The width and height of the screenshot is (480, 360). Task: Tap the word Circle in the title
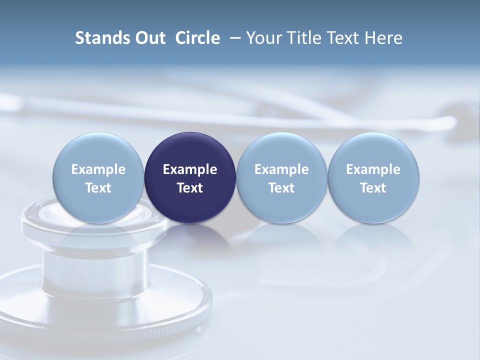click(x=197, y=38)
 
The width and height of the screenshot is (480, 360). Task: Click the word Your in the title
click(x=261, y=38)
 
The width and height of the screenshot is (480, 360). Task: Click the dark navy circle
click(x=190, y=177)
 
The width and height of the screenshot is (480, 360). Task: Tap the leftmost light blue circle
click(x=98, y=177)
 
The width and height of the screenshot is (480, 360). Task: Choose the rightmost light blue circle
click(x=373, y=177)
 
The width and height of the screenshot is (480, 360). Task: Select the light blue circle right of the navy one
click(x=281, y=177)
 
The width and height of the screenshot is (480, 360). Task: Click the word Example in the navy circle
click(x=190, y=169)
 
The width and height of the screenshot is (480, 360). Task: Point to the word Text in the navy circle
click(x=190, y=188)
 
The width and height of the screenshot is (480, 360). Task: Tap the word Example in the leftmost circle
click(x=98, y=169)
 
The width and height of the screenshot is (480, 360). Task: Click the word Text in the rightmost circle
click(x=373, y=188)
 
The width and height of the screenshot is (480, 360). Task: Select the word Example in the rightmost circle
click(x=373, y=169)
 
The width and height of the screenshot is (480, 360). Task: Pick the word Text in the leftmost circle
click(x=98, y=188)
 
